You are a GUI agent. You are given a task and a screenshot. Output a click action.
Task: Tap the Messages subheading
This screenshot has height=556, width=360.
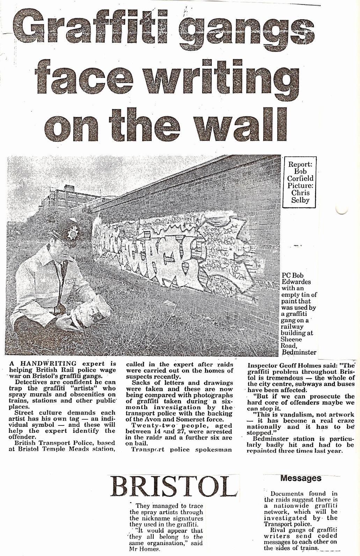click(301, 478)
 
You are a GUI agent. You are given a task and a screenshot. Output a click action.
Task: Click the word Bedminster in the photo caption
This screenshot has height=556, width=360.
click(299, 352)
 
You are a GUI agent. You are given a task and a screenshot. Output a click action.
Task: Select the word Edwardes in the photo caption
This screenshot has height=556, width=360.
click(296, 282)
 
